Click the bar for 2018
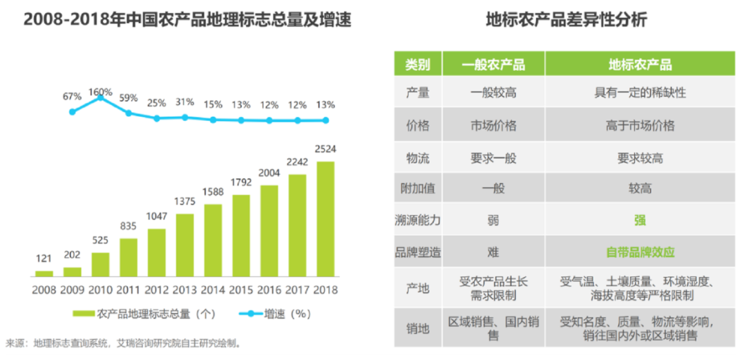[325, 219]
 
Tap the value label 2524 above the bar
[325, 149]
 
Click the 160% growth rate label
[101, 92]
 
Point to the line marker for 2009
[73, 111]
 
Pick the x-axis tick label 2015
[241, 290]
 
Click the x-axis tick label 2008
[44, 290]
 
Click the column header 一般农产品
[493, 65]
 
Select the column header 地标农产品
[640, 65]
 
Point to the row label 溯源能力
[418, 220]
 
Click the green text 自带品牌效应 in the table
[640, 252]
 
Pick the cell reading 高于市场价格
[640, 126]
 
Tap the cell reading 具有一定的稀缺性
[640, 93]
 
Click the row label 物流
[418, 158]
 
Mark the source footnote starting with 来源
[124, 343]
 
